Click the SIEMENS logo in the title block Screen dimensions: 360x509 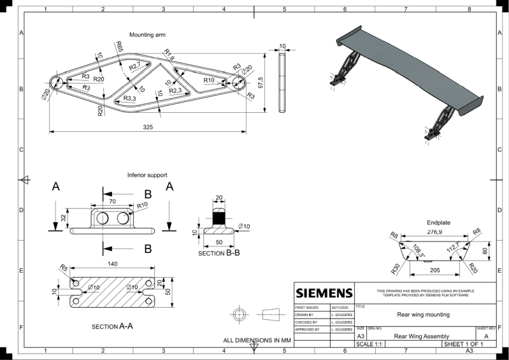coord(324,293)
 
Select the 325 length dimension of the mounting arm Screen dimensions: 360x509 coord(147,127)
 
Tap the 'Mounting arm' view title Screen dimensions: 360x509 coord(147,35)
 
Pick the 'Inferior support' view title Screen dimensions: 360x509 coord(147,175)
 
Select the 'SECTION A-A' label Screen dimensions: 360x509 coord(112,326)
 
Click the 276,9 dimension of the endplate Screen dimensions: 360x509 coord(438,233)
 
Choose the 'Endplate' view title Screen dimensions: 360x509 coord(438,222)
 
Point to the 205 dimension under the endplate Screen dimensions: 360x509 coord(434,270)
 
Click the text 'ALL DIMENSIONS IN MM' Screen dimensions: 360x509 coord(257,340)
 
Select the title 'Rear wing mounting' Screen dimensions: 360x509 coord(423,314)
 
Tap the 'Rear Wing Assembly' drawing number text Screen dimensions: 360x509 coord(422,336)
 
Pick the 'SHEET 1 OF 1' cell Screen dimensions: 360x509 coord(468,344)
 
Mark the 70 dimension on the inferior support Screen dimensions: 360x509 coord(112,201)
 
